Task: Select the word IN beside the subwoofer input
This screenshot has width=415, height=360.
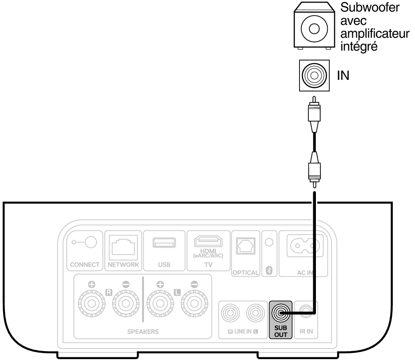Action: coord(343,75)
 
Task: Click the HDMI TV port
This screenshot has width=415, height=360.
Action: coord(208,241)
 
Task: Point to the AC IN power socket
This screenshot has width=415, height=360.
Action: coord(305,245)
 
